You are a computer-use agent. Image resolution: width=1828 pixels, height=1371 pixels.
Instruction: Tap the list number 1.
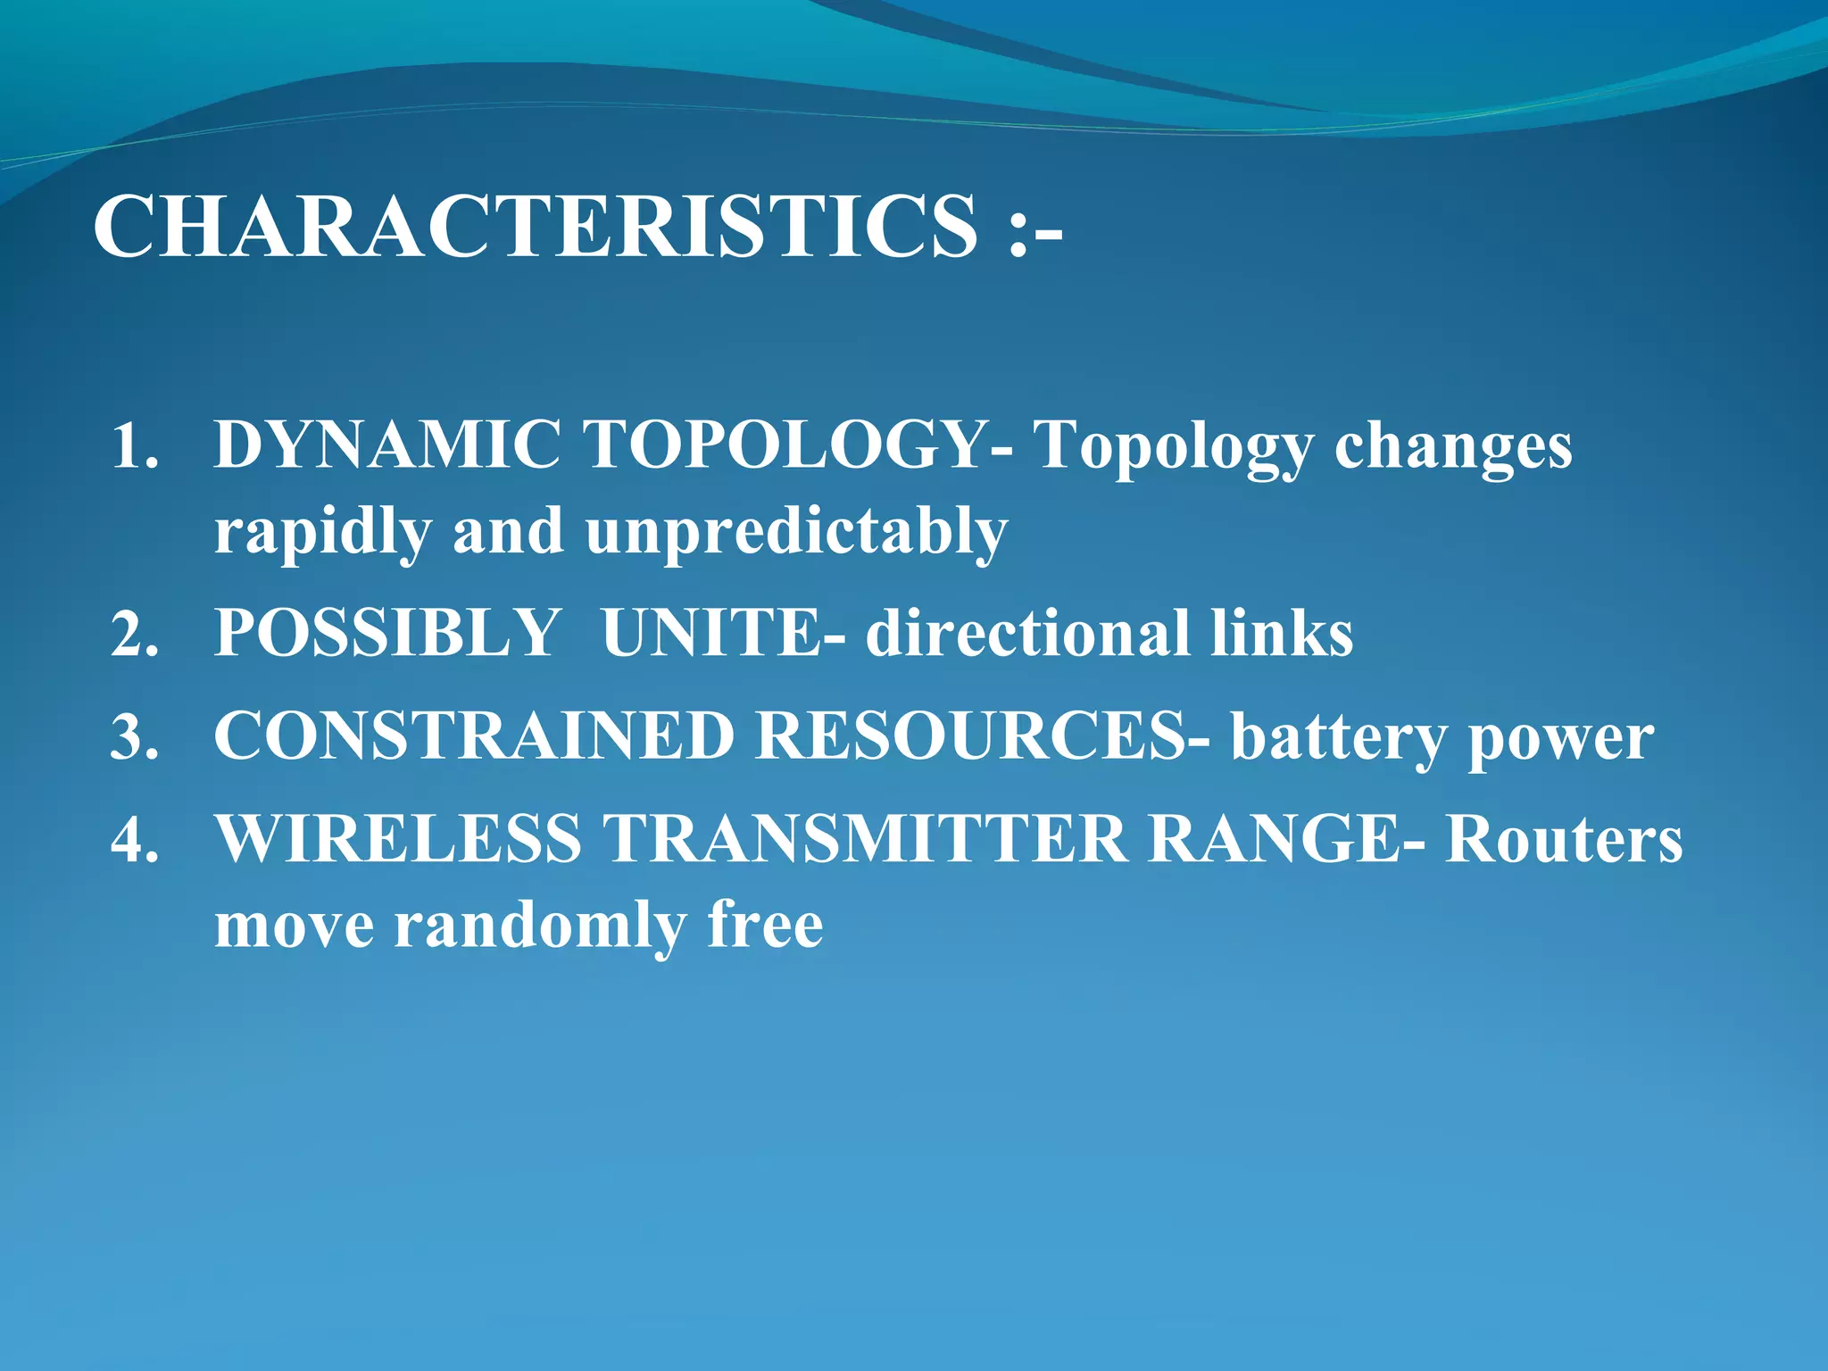tap(134, 446)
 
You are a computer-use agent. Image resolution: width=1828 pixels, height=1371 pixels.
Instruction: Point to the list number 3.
tap(134, 737)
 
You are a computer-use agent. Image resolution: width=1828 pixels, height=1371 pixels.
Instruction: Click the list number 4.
tap(134, 840)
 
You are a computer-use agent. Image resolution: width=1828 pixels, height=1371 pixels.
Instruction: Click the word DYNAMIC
tap(387, 445)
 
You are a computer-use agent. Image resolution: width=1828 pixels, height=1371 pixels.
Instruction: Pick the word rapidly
tap(322, 532)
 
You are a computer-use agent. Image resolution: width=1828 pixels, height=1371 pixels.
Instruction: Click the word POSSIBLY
tap(387, 634)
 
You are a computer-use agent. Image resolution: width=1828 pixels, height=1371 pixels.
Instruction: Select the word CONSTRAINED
tap(474, 736)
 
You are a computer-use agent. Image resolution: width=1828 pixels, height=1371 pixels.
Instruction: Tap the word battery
tap(1339, 738)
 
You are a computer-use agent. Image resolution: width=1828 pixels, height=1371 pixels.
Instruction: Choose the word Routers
tap(1564, 839)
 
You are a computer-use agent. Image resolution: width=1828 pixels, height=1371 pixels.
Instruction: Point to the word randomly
tap(540, 926)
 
